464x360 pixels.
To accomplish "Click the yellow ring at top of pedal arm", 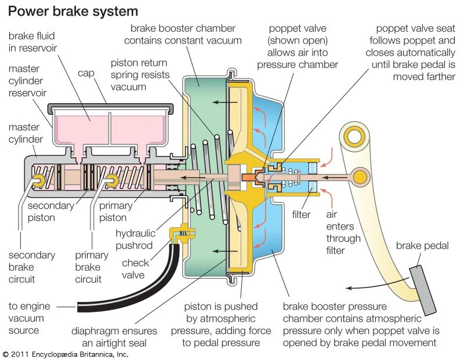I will click(353, 137).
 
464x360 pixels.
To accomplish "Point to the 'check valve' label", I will click(135, 269).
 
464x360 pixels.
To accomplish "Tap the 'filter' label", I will click(301, 214).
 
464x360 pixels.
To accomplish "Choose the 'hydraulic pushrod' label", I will click(135, 239).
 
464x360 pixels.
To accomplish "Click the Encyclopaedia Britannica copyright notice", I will click(64, 354).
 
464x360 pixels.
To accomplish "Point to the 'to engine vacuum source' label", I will click(29, 318).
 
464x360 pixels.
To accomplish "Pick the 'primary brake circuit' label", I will click(92, 267).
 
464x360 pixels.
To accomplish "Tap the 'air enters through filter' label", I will click(343, 232).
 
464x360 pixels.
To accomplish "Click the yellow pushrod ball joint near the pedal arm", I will click(360, 176).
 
